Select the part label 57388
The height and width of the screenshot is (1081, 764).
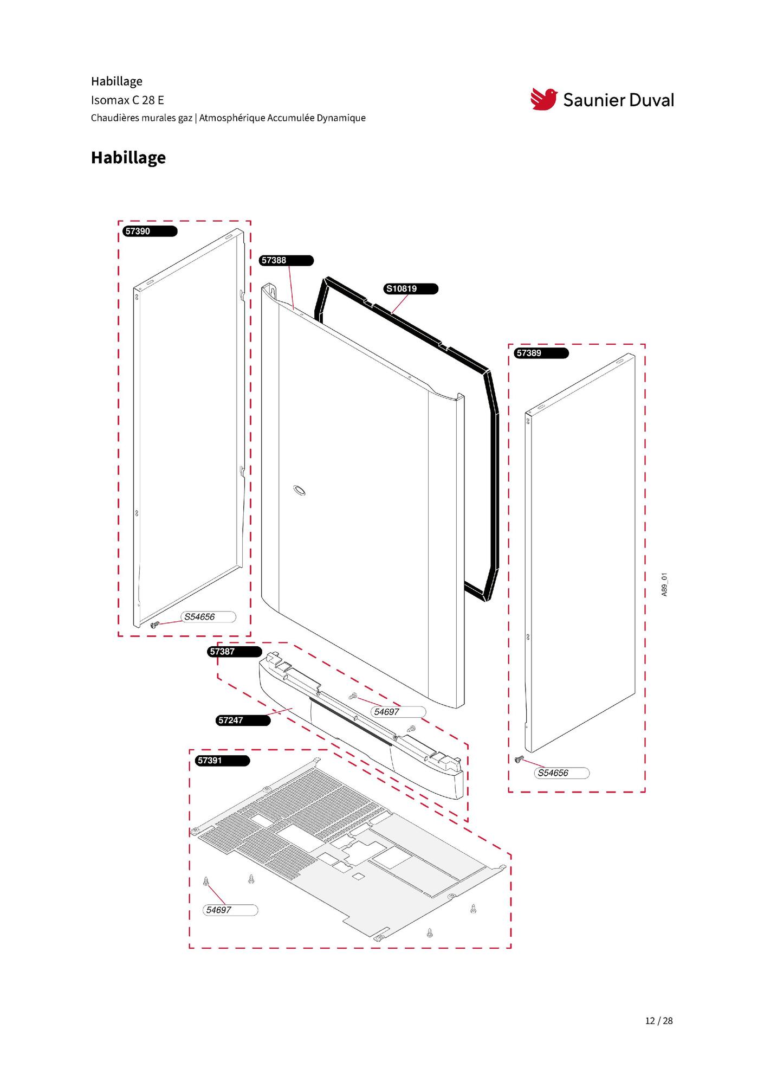tap(287, 260)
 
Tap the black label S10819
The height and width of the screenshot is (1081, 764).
tap(411, 288)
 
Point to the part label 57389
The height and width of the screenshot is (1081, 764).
tap(541, 353)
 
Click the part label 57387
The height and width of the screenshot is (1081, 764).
tap(235, 651)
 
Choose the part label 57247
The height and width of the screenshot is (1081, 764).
tap(243, 720)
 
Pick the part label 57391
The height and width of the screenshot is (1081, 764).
tap(223, 760)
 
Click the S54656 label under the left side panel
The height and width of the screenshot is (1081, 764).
tap(209, 616)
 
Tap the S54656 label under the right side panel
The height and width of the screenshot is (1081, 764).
tap(562, 773)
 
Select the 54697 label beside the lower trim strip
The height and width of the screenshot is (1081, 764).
tap(399, 711)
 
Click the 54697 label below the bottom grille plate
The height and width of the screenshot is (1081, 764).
tap(230, 910)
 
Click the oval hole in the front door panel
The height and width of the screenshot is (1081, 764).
tap(299, 491)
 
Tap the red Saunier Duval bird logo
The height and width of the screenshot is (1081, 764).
tap(543, 99)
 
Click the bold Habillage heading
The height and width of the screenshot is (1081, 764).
tap(128, 157)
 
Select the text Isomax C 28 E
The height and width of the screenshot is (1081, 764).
tap(127, 100)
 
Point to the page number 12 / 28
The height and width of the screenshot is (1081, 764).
tap(659, 1021)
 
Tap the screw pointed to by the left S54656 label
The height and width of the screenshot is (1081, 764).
tap(154, 625)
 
